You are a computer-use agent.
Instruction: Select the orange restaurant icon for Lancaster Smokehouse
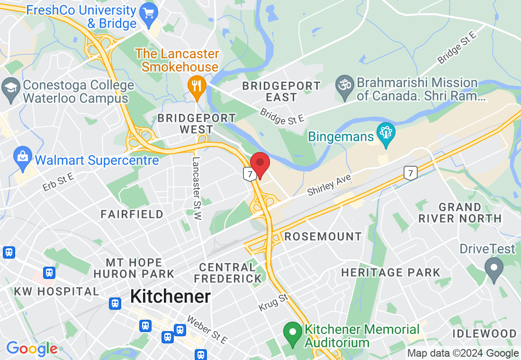tap(197, 86)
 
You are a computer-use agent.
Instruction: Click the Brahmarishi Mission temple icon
tap(344, 86)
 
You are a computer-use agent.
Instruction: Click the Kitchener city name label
tap(170, 297)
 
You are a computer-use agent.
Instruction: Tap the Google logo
tap(32, 349)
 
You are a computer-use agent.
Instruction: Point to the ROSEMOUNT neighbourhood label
tap(323, 236)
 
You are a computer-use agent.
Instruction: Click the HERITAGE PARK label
tap(391, 272)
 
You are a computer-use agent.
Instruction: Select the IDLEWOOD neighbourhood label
tap(484, 333)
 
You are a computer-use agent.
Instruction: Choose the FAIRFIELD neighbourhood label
tap(132, 215)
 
